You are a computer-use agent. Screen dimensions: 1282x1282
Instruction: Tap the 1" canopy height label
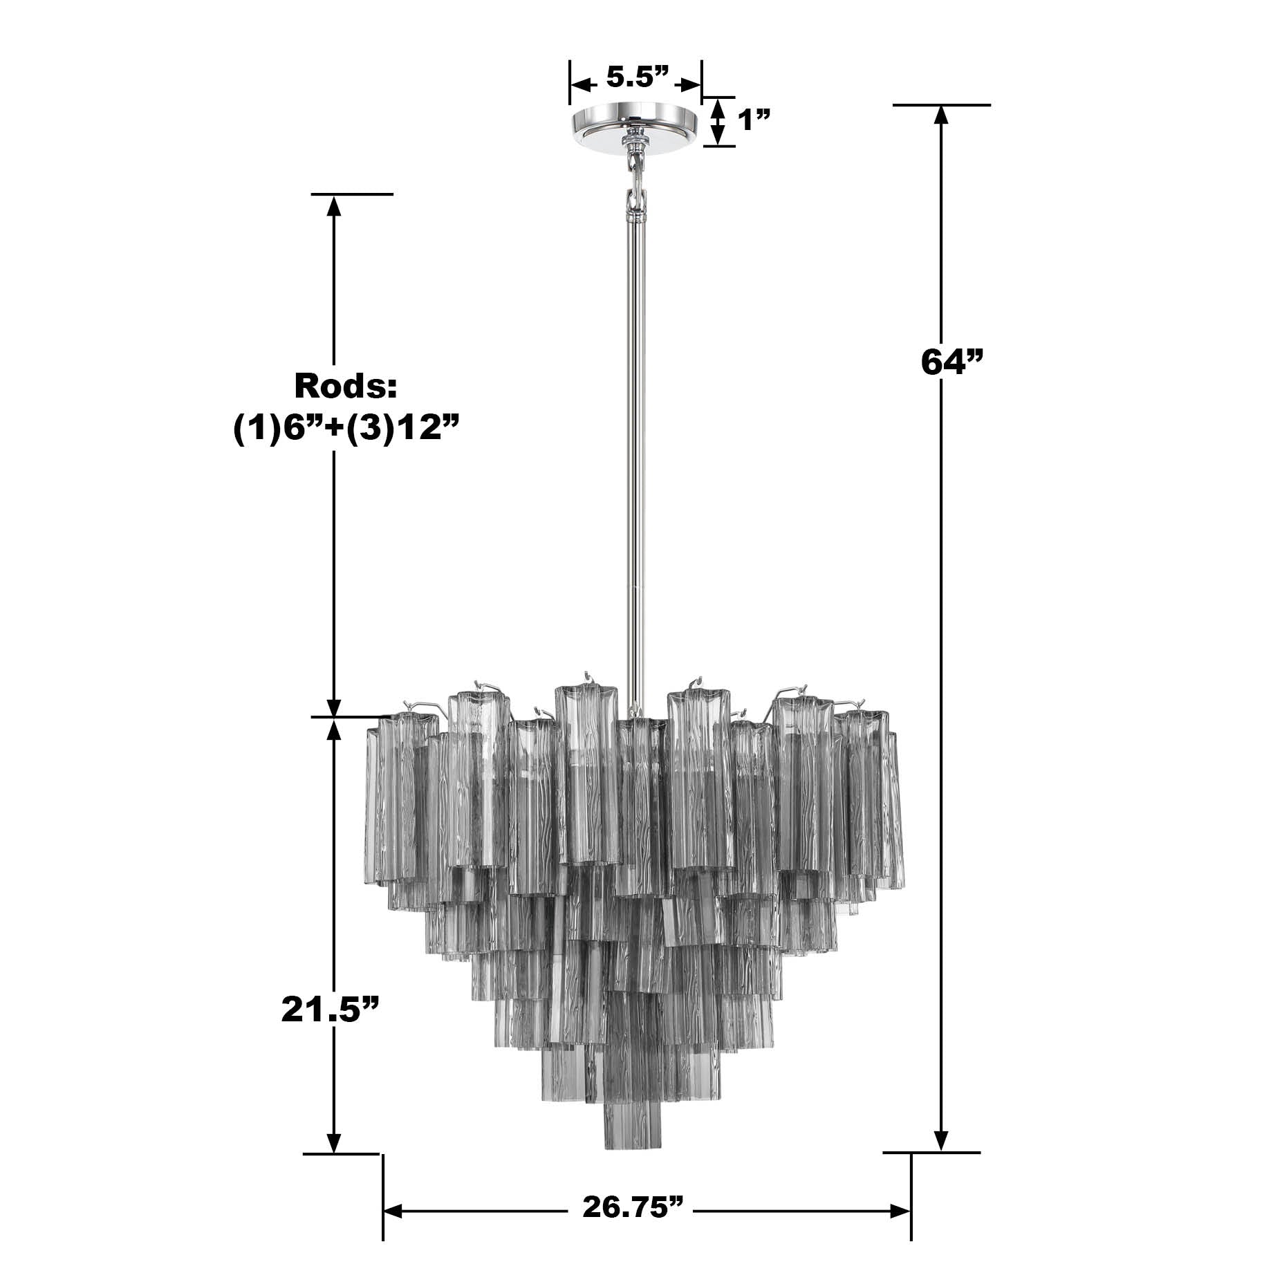pyautogui.click(x=754, y=120)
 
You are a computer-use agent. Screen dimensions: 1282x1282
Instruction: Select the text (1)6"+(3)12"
pyautogui.click(x=346, y=428)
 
